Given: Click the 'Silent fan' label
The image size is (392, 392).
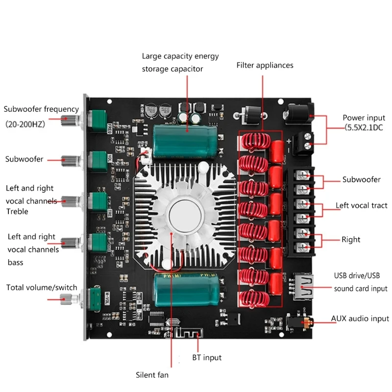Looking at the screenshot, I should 152,375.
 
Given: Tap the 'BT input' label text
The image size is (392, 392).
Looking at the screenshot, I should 206,358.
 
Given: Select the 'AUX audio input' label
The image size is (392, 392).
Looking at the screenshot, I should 360,318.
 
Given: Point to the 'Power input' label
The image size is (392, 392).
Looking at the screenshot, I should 364,118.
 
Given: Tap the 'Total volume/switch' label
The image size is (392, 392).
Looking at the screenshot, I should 42,288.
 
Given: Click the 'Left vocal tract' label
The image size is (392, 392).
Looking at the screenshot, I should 361,206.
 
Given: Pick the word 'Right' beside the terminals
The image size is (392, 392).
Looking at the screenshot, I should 350,240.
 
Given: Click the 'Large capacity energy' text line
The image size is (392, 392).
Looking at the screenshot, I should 180,56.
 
